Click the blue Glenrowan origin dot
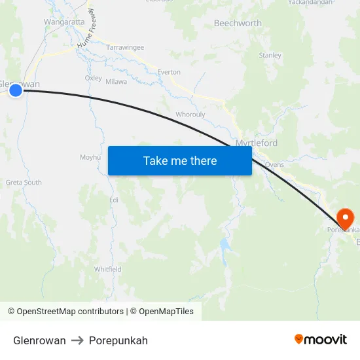pos(16,90)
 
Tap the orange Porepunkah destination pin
pos(344,217)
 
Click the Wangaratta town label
pos(64,22)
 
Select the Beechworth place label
pos(238,23)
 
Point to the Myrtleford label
pos(256,143)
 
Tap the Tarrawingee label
pos(125,48)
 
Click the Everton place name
pos(169,72)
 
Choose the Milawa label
pos(117,82)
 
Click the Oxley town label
pos(93,78)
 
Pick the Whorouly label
pos(190,114)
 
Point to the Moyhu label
pos(90,157)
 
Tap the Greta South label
pos(24,182)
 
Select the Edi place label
pos(113,199)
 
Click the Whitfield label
pos(107,269)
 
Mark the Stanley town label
pos(270,56)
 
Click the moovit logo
pos(321,340)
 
